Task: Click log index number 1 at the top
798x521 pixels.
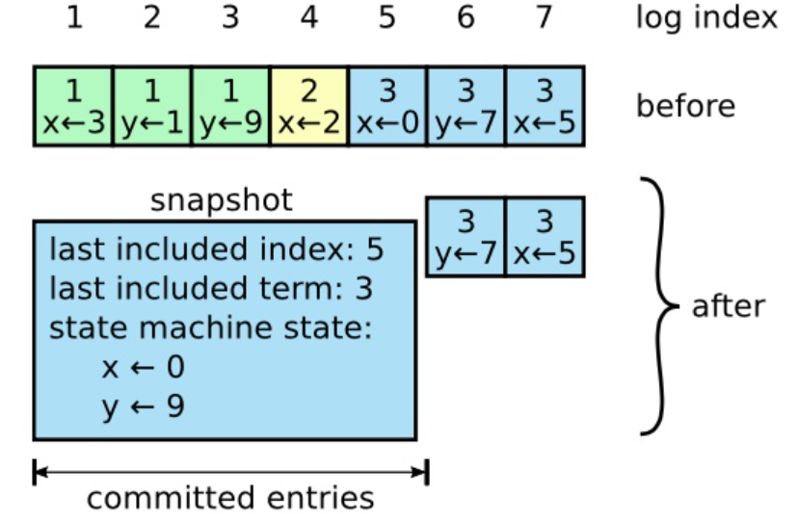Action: click(73, 19)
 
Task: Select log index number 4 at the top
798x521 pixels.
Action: click(308, 19)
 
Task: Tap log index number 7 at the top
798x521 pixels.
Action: click(545, 19)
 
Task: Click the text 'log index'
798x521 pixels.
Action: click(705, 19)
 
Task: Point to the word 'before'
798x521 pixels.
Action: click(684, 105)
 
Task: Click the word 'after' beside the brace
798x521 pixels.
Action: click(728, 306)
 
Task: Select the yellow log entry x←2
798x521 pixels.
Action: click(308, 106)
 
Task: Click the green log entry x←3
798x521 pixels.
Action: click(73, 106)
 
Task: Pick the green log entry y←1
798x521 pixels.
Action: click(151, 106)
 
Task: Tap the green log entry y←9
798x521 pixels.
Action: click(230, 106)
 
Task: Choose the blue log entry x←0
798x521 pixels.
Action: click(387, 106)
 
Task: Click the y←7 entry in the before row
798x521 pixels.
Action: click(465, 106)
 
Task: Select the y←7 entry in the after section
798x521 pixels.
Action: click(465, 237)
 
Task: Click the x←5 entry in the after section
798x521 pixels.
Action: click(545, 237)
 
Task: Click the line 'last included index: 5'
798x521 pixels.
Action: click(216, 250)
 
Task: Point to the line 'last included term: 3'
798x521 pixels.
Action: click(211, 289)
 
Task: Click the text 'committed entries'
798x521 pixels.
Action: click(229, 498)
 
